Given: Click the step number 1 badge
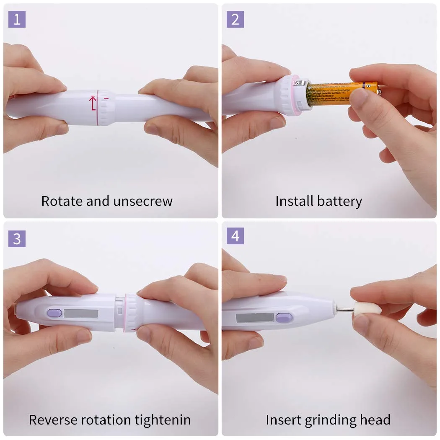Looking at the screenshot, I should point(17,19).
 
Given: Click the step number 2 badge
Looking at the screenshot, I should point(235,19).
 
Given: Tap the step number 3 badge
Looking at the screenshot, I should point(17,238).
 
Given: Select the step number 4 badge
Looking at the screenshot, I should point(235,236).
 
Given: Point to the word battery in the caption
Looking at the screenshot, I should point(339,202).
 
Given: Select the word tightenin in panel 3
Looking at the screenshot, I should point(163,420).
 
